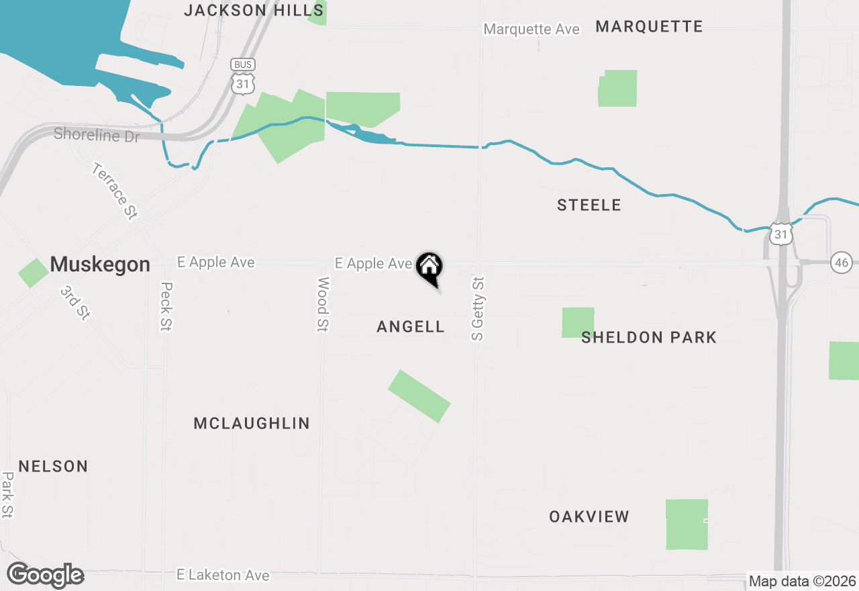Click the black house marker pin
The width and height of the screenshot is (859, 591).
(429, 268)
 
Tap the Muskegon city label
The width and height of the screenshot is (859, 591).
(100, 264)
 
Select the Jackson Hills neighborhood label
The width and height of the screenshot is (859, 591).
(254, 10)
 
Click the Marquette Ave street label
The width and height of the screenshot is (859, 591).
(532, 29)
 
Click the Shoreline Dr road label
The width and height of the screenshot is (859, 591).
(97, 134)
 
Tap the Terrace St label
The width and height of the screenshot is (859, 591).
(115, 191)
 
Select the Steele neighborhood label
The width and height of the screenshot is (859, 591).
(589, 206)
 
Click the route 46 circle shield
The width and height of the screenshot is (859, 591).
(842, 262)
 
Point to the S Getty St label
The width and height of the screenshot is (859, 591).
(477, 308)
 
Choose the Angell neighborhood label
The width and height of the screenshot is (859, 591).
(411, 327)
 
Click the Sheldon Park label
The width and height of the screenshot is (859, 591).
(649, 337)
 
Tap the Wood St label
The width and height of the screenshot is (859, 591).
(323, 304)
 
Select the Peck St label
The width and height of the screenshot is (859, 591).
(166, 306)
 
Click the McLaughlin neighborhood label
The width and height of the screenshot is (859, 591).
(252, 423)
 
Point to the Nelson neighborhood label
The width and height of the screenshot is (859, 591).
(53, 466)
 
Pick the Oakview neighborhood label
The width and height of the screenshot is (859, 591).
(589, 516)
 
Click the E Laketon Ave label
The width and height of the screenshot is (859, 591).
(223, 575)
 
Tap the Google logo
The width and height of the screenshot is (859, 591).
(45, 576)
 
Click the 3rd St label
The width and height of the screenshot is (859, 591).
(74, 303)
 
